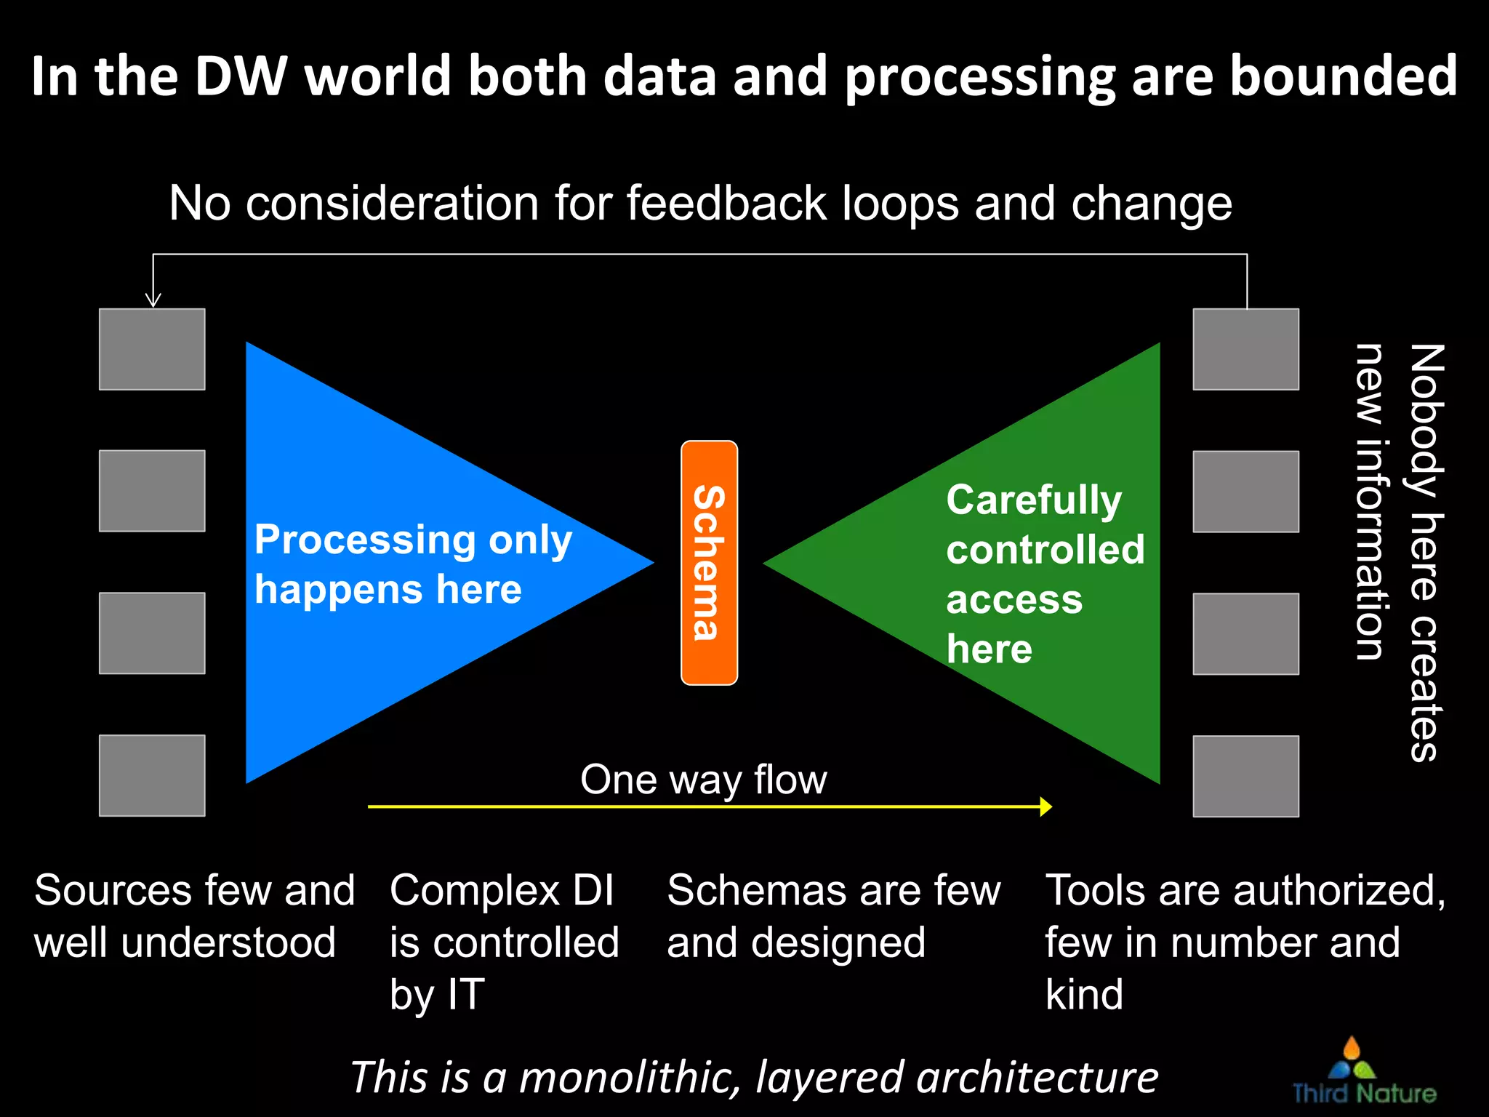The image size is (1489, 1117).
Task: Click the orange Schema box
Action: [709, 562]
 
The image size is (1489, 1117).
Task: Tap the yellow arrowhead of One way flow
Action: [1045, 806]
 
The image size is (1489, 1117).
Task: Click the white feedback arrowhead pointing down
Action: [153, 300]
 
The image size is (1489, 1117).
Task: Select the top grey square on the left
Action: [152, 349]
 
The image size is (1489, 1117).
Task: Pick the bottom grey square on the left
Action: [152, 775]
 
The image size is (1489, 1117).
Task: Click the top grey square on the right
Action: [1245, 349]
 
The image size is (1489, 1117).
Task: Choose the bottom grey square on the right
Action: [1245, 776]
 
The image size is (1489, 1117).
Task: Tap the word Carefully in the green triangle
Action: [1034, 500]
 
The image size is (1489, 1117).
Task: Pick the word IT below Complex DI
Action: [466, 994]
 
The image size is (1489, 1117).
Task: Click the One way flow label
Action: [703, 780]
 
